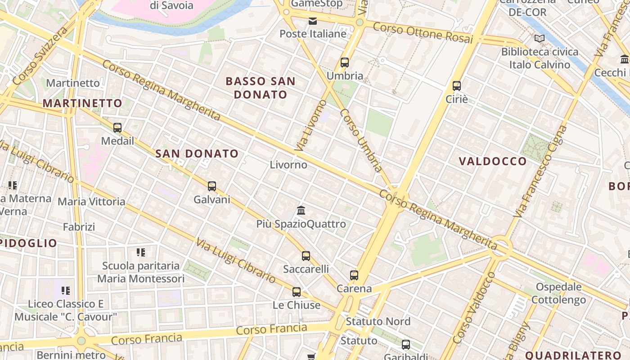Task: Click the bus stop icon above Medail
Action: (117, 127)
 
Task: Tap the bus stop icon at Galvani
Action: (212, 186)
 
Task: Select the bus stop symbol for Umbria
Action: (345, 63)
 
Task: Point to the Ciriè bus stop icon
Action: (457, 85)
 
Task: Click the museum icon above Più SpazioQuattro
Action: (301, 210)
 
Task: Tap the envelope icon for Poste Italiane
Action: (313, 21)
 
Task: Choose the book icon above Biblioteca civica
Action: (539, 39)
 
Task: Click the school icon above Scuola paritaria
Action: (141, 252)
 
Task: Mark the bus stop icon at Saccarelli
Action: (306, 256)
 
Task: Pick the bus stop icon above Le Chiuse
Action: (297, 292)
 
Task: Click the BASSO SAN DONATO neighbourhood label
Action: (261, 88)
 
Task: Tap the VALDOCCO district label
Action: (493, 161)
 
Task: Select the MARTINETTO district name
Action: (82, 103)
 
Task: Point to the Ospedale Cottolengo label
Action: (558, 293)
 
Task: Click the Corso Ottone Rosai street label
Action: (423, 33)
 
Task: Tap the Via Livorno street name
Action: (310, 126)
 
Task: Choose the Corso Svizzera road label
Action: (40, 56)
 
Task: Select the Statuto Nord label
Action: (378, 321)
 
